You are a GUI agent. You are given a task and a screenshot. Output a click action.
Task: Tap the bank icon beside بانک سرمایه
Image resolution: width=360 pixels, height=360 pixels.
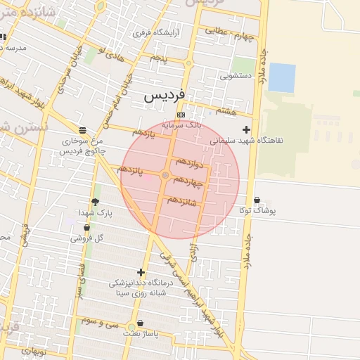pos(181,115)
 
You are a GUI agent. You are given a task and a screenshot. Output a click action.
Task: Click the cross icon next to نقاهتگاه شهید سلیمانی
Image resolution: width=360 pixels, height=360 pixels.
pos(246,129)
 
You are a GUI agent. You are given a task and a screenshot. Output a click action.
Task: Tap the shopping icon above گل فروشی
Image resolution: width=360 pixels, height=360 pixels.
pos(86,228)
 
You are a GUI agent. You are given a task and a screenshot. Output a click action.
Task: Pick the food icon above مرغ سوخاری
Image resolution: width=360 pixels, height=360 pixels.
pos(83,130)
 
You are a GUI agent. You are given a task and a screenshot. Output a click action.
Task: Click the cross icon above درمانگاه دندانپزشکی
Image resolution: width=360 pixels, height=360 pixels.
pos(141,272)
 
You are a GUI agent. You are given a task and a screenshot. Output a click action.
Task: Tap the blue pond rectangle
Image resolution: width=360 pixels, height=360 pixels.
pos(281,77)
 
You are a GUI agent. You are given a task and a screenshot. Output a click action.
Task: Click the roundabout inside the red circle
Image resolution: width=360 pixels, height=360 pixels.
pos(165,175)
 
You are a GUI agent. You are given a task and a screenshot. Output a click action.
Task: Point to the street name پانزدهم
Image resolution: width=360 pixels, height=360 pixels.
pos(131,171)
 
